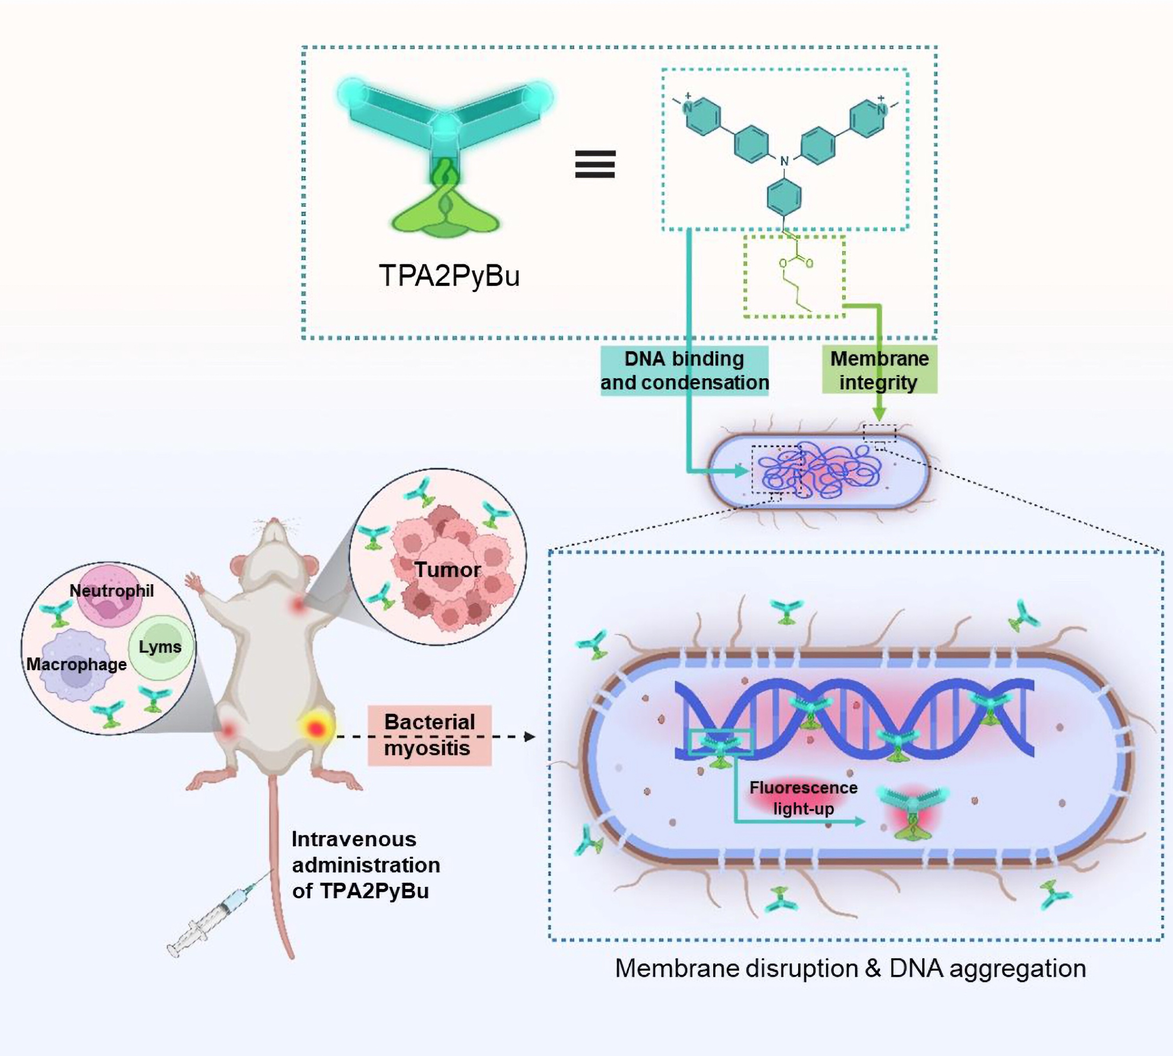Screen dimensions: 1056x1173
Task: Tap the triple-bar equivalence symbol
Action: pos(595,164)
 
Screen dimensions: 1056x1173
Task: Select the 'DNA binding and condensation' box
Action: pos(684,371)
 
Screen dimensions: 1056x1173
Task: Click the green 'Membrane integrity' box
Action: pos(879,371)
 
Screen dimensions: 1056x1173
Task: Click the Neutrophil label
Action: pos(112,591)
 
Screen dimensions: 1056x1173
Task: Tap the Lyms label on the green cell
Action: pos(160,647)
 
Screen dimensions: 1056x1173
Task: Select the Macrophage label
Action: pos(76,664)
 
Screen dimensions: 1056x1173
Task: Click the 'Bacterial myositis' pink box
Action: pos(429,735)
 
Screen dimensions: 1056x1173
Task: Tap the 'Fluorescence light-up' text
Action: pos(803,798)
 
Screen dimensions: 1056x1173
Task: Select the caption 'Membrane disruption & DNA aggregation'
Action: pos(851,968)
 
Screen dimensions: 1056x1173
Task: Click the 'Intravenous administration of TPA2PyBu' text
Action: pos(365,865)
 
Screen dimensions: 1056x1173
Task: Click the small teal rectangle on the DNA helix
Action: pos(721,743)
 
